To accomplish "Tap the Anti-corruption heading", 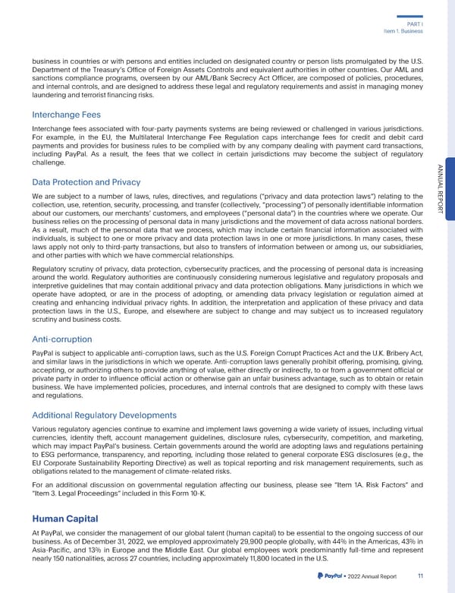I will pos(61,339).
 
